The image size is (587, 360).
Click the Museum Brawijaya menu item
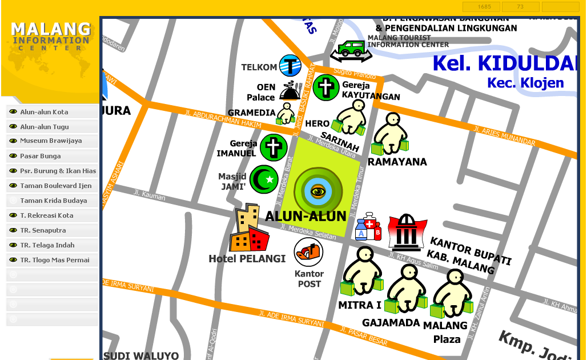pos(51,141)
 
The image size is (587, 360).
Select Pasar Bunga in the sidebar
pos(41,156)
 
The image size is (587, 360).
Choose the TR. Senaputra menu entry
pos(43,230)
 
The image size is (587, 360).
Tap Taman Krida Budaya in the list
pos(53,201)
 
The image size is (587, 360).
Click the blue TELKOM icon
pos(290,66)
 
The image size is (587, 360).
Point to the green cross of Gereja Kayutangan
pos(325,87)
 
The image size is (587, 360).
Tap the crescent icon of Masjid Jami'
pos(264,179)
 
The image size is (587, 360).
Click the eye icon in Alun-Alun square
pos(318,191)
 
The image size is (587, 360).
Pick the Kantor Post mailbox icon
pos(308,252)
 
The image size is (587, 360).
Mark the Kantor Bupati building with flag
pos(407,231)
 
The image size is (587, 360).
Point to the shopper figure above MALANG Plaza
pos(452,293)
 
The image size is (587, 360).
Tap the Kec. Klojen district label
pos(525,83)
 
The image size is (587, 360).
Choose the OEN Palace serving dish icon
pos(290,91)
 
